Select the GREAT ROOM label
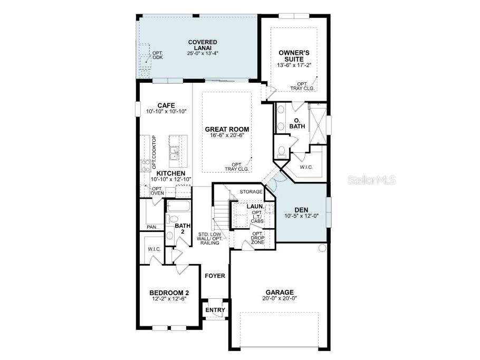pyautogui.click(x=227, y=129)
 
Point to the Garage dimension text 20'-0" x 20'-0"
pyautogui.click(x=280, y=298)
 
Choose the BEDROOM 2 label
pyautogui.click(x=169, y=293)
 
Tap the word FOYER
pyautogui.click(x=215, y=276)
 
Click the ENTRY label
pyautogui.click(x=215, y=310)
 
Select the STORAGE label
pyautogui.click(x=251, y=192)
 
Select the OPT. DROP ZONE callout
pyautogui.click(x=257, y=237)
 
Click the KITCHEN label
pyautogui.click(x=170, y=173)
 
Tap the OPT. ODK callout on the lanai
pyautogui.click(x=157, y=55)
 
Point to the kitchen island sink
pyautogui.click(x=174, y=152)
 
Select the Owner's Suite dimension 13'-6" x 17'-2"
pyautogui.click(x=294, y=65)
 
